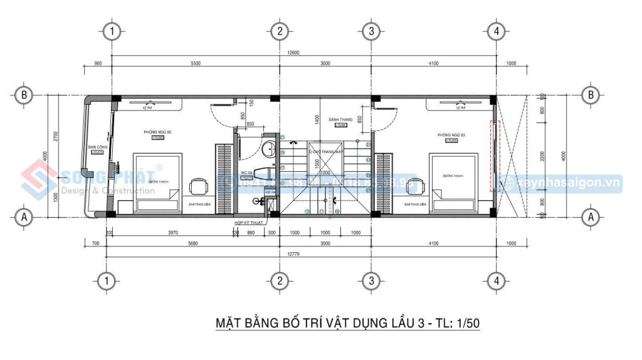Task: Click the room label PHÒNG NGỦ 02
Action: click(157, 132)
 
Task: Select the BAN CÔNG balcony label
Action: click(97, 147)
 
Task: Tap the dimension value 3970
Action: click(174, 233)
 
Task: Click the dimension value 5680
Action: click(193, 243)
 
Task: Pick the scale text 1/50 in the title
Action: click(466, 324)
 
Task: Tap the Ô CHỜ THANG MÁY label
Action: click(325, 152)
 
